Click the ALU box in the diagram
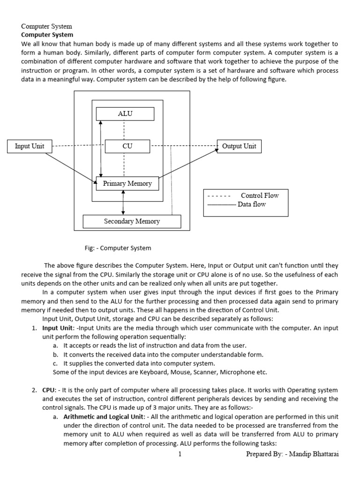tap(125, 114)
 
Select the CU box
tap(127, 146)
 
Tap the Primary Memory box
tap(127, 183)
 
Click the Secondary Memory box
tap(132, 221)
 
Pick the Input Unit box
tap(30, 146)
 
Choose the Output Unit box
tap(239, 146)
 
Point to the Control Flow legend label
tap(259, 195)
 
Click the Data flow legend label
tap(252, 204)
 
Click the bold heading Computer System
tap(47, 35)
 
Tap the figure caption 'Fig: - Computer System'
tap(118, 248)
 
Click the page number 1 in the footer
tap(179, 454)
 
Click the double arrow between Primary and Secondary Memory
tap(123, 202)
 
